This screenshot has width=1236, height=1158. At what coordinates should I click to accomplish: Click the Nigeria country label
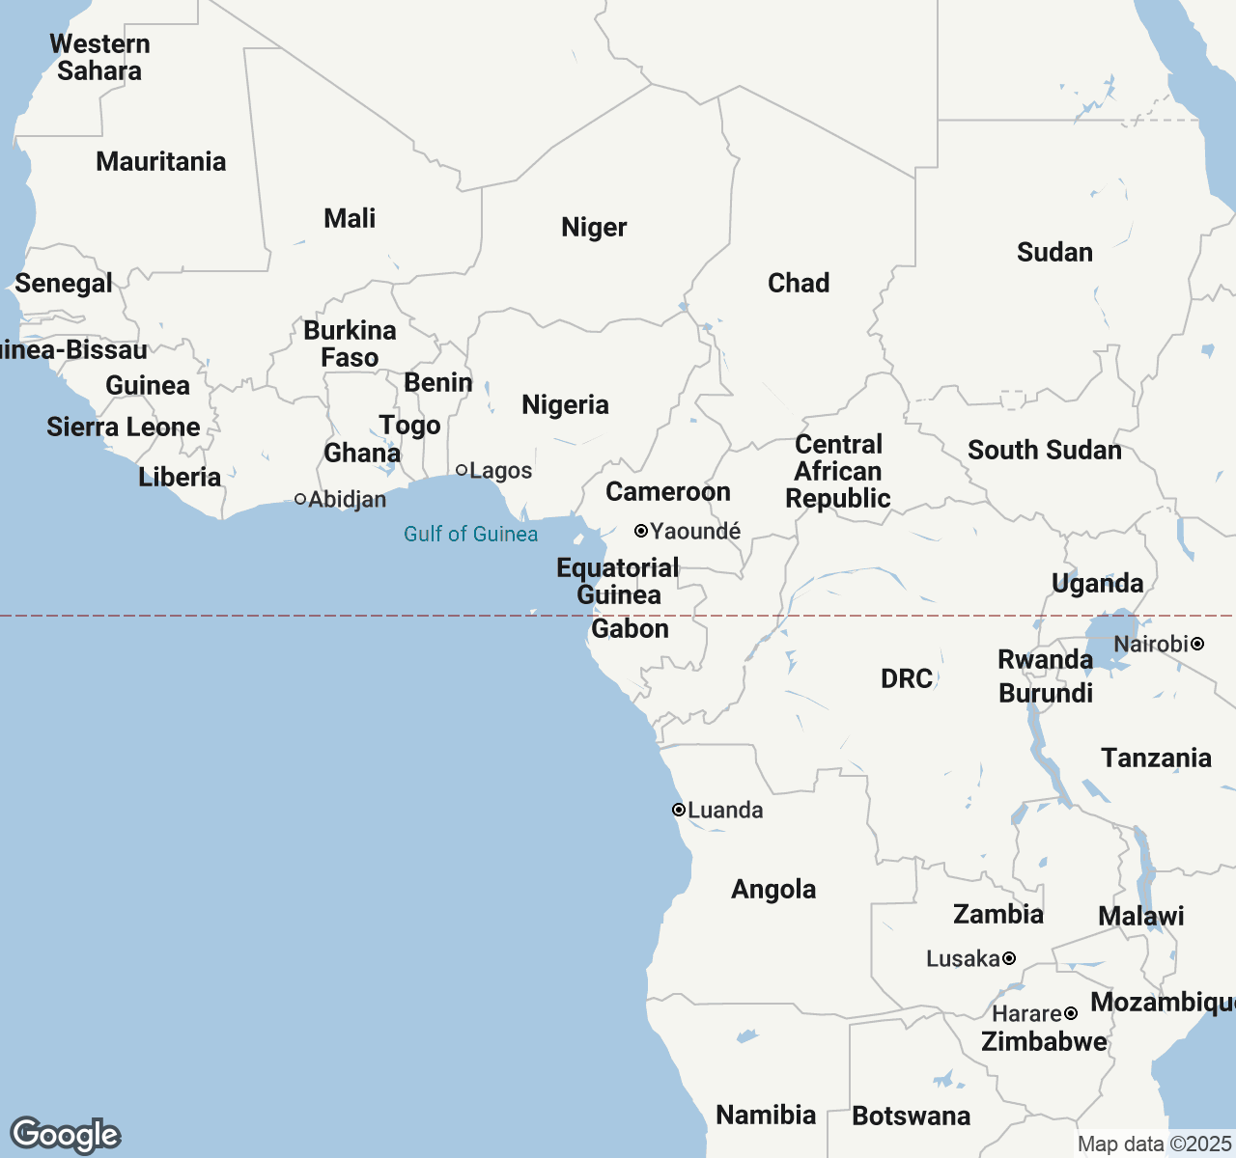pos(565,404)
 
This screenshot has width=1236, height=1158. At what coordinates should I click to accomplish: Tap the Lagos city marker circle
pos(462,470)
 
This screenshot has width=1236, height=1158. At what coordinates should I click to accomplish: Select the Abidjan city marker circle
pos(300,499)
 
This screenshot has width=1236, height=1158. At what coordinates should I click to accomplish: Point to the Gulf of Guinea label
pos(470,534)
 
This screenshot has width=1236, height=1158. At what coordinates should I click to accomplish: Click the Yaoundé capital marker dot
pos(640,531)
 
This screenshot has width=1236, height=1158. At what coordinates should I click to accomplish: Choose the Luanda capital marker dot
pos(679,810)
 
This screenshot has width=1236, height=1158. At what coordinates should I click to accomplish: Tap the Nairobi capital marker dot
pos(1197,644)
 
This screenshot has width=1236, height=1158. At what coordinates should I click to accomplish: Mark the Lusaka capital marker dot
pos(1009,958)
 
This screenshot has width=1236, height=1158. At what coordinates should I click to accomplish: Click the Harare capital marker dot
pos(1071,1013)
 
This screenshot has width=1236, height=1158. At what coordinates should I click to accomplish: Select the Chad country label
pos(799,283)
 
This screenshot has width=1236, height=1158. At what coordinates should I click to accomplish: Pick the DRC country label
pos(907,678)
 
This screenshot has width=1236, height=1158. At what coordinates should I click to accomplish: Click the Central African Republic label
pos(838,471)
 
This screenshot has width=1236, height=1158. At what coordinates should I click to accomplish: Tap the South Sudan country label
pos(1045,450)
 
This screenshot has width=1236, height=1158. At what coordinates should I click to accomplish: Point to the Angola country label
pos(773,889)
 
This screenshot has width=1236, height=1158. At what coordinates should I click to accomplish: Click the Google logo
pos(65,1135)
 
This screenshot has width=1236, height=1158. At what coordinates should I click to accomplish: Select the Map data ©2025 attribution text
pos(1154,1144)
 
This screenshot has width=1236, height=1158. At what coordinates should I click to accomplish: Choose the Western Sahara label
pos(99,57)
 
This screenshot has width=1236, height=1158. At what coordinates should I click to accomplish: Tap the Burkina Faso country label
pos(350,344)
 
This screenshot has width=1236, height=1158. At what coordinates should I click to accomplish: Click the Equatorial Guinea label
pos(618,581)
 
